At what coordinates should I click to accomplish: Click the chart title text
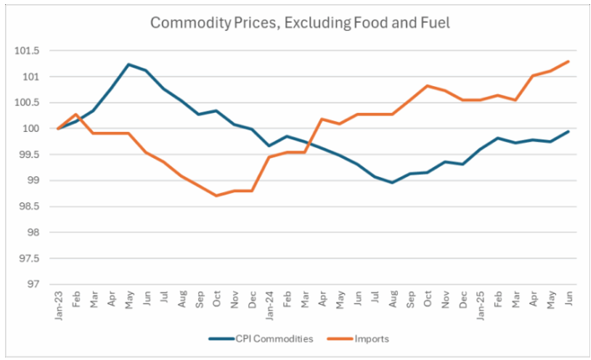click(x=300, y=23)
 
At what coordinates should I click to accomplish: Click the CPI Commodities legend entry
click(x=260, y=338)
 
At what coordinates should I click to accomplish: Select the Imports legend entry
click(x=365, y=338)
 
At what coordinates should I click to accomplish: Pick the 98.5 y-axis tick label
click(x=29, y=206)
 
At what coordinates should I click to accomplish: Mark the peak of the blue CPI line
click(x=128, y=64)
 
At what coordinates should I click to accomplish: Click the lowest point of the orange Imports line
click(x=217, y=195)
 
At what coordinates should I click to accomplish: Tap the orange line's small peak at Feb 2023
click(x=75, y=114)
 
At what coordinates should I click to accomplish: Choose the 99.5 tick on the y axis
click(x=29, y=155)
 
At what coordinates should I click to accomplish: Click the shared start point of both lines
click(x=57, y=129)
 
